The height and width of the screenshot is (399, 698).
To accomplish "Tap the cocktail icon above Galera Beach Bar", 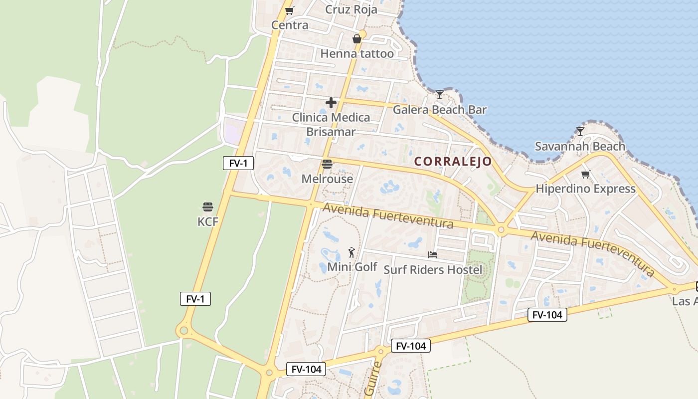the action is pos(439,94).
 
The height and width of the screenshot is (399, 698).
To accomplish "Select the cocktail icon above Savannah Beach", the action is pos(580,132).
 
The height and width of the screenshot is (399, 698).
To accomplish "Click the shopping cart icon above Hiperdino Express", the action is pos(585,174).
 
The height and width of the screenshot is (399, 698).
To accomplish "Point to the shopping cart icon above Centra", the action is pos(289,10).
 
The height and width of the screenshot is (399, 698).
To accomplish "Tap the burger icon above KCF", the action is pos(208,207).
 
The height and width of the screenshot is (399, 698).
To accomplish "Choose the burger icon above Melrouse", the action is pos(327,164).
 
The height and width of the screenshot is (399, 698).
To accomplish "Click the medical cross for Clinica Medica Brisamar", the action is pos(331,103).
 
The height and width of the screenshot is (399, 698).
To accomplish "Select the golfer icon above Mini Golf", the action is pos(352,252).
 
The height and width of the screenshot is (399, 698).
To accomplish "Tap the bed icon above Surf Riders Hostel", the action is pos(433,255).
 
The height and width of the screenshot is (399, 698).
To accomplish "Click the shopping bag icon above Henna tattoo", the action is pos(357,39).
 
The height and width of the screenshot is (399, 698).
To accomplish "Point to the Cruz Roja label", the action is pos(351,9).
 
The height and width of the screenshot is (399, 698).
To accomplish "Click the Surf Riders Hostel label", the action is pos(433,270).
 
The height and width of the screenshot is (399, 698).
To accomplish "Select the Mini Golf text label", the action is pos(352,267).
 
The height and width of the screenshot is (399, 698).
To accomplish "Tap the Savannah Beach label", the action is pos(580,146).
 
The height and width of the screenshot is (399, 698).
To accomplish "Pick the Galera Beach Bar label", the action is pos(439,110).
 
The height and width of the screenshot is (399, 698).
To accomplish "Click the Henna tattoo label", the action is pos(357,53).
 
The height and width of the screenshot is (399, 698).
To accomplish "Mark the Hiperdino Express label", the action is pos(585,189).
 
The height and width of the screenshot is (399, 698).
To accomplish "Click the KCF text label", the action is pos(208,221).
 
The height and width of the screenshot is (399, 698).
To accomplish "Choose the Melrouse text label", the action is pos(327,179).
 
